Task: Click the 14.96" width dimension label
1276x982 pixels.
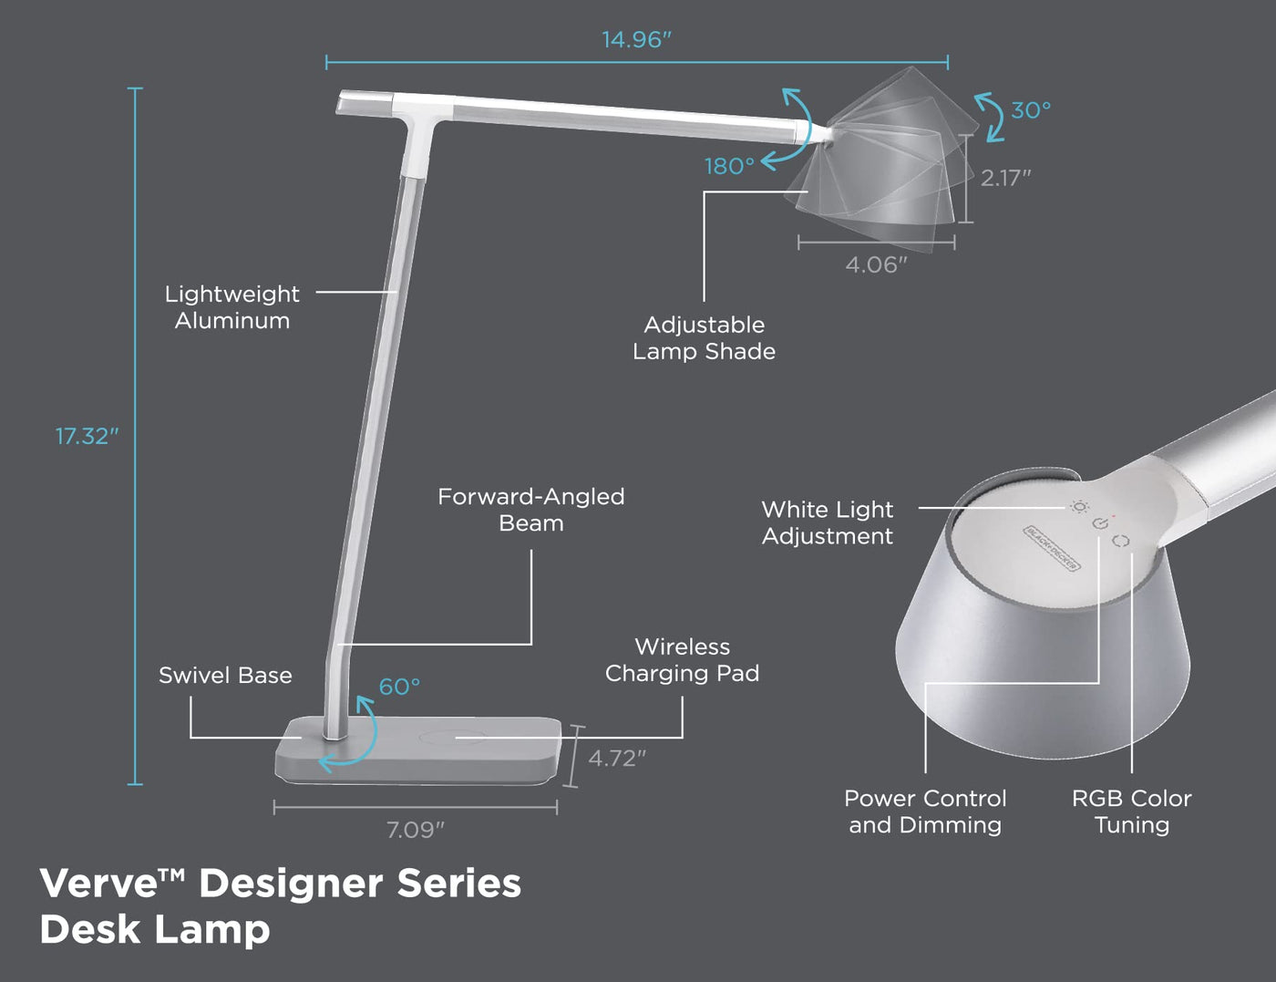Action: coord(636,40)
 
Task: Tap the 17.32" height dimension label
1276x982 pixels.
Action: coord(87,437)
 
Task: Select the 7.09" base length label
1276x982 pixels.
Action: coord(415,830)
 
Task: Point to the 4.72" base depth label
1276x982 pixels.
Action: coord(617,759)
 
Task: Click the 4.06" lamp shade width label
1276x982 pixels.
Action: coord(876,265)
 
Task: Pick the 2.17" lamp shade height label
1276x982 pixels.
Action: coord(1006,178)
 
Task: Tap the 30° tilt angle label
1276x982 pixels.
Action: coord(1031,110)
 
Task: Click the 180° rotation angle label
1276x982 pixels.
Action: coord(729,166)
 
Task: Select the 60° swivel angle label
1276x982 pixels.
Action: coord(399,686)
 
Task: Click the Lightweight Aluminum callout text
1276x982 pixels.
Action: coord(232,307)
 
